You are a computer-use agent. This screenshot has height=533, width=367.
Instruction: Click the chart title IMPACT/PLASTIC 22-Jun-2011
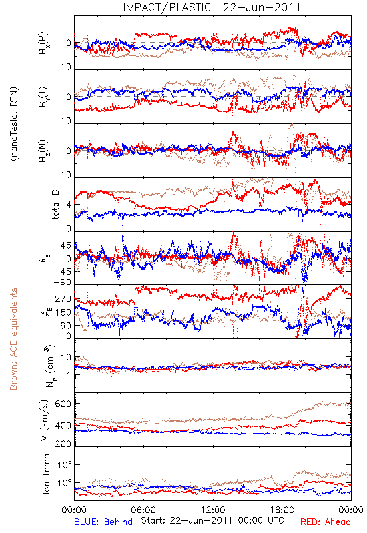[212, 7]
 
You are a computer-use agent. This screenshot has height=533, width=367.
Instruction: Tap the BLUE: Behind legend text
[103, 522]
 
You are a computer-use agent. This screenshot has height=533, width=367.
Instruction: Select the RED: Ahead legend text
[325, 522]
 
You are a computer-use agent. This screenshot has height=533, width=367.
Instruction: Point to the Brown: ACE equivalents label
[13, 339]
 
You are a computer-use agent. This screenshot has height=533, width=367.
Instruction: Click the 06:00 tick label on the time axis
[143, 510]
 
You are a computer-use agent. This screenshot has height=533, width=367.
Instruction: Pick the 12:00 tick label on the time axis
[213, 510]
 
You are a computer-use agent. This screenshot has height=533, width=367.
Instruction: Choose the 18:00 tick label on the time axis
[282, 510]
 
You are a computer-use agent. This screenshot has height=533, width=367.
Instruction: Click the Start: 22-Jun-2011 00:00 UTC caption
[212, 520]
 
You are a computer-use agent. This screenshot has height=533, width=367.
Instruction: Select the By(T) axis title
[43, 97]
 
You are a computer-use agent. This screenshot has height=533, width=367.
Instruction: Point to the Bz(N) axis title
[43, 151]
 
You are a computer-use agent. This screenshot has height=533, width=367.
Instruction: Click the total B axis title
[55, 205]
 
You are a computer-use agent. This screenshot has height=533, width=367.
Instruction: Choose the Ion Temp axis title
[46, 474]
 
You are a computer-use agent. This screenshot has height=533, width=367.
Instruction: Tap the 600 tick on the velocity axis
[63, 404]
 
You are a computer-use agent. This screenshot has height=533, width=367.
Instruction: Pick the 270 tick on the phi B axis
[63, 298]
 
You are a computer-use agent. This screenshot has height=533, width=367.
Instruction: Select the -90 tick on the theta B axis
[62, 282]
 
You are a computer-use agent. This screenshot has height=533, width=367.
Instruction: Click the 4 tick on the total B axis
[69, 205]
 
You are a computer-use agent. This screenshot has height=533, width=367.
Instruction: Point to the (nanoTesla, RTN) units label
[14, 124]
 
